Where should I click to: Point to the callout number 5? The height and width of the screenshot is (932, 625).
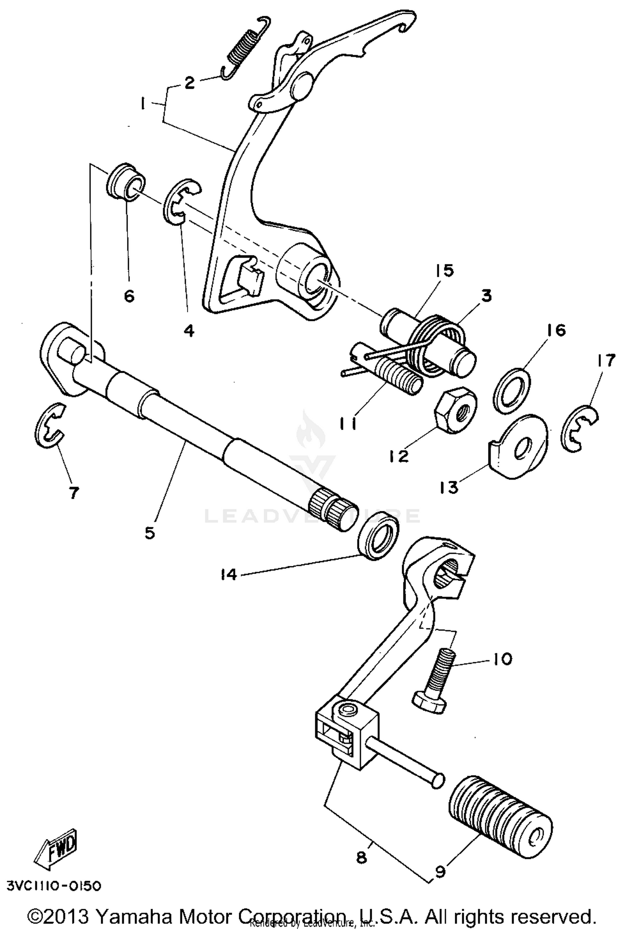click(150, 533)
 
